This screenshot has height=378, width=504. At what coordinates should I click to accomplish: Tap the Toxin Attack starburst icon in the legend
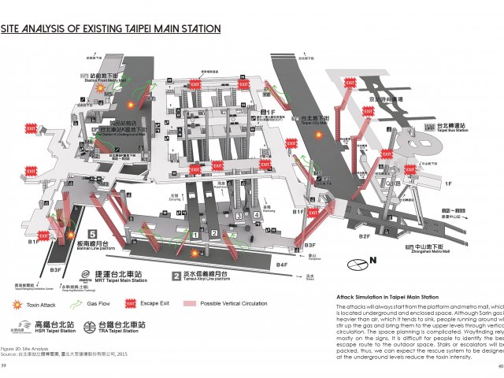click(17, 303)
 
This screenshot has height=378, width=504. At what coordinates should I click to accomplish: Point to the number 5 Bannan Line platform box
click(93, 235)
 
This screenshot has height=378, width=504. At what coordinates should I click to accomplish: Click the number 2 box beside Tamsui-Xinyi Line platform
click(177, 276)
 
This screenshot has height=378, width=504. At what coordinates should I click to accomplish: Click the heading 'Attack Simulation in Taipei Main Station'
click(381, 296)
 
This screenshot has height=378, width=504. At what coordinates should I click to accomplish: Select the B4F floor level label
click(282, 265)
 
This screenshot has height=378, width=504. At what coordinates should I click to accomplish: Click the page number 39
click(3, 366)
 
